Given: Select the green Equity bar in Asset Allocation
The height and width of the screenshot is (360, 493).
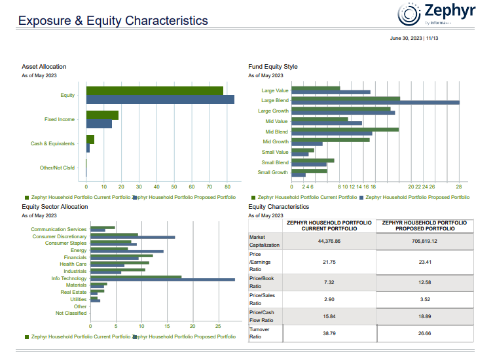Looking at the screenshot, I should tap(155, 91).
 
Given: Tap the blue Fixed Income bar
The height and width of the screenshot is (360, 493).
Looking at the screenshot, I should tap(99, 124).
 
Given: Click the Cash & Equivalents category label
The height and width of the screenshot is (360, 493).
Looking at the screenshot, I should tap(52, 143).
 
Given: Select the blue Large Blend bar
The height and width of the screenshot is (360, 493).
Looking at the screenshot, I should tap(375, 102).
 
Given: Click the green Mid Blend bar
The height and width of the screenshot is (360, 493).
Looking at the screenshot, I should tap(345, 130).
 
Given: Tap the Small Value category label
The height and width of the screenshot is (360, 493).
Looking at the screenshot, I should tap(274, 152).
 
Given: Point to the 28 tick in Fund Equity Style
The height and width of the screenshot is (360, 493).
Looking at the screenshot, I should tap(459, 187).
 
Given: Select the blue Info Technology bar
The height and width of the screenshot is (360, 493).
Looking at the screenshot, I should tap(162, 279).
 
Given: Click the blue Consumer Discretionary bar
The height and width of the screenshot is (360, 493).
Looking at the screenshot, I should tap(132, 237).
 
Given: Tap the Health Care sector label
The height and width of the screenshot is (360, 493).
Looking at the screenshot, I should tap(73, 264).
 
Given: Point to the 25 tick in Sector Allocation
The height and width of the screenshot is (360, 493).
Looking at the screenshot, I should tap(218, 326).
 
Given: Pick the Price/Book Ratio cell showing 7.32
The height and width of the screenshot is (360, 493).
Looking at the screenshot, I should tap(329, 282).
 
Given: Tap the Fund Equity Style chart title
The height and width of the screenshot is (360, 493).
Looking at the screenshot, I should tap(273, 67).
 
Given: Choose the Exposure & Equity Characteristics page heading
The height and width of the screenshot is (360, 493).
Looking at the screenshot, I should tap(113, 21).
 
